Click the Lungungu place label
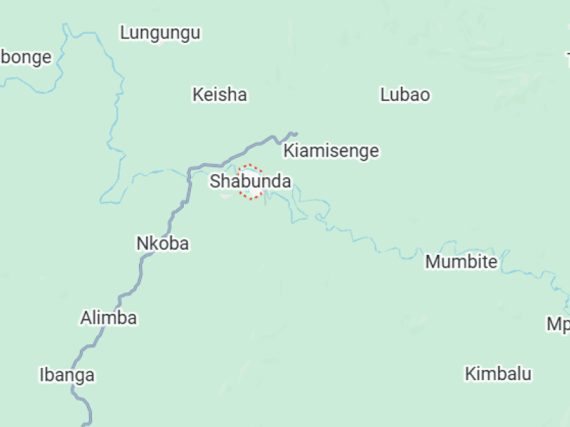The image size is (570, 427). click(x=160, y=33)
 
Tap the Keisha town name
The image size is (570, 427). click(x=219, y=95)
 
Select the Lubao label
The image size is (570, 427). click(x=405, y=95)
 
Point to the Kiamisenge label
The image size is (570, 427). click(x=331, y=151)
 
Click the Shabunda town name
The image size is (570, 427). click(x=250, y=181)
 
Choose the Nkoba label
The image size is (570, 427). click(x=162, y=243)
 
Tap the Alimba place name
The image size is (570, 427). click(x=108, y=318)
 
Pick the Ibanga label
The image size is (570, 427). click(x=67, y=375)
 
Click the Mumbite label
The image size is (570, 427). click(x=461, y=262)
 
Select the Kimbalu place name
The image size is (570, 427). click(x=498, y=374)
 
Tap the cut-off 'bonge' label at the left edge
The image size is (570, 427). click(x=26, y=58)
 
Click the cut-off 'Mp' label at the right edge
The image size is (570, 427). click(x=558, y=325)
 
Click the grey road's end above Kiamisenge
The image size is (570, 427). click(x=294, y=133)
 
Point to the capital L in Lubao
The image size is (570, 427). click(x=385, y=95)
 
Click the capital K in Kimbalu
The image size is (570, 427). click(x=470, y=374)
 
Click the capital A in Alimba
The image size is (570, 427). click(x=86, y=318)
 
